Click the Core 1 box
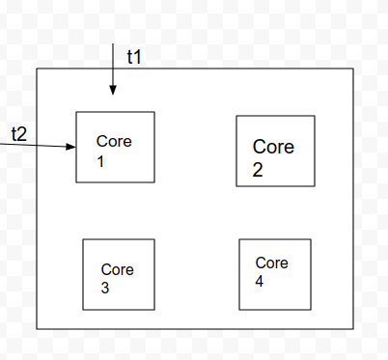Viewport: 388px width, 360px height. [x=115, y=147]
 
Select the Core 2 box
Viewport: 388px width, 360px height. [x=275, y=151]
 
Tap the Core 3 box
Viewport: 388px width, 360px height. [x=118, y=274]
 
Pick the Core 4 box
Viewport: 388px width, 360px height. [x=275, y=274]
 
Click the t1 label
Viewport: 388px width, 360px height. [x=134, y=57]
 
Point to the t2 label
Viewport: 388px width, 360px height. [x=19, y=132]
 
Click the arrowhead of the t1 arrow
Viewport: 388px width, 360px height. [x=113, y=91]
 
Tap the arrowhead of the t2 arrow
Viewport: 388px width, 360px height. [x=71, y=147]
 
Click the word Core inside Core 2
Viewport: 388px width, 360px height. [x=273, y=147]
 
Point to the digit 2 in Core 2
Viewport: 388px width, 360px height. [x=259, y=171]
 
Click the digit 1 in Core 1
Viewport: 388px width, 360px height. [x=99, y=161]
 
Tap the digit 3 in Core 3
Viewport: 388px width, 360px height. [x=105, y=288]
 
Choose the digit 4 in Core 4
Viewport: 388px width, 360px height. [x=260, y=281]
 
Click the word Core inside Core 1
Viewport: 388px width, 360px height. [x=114, y=142]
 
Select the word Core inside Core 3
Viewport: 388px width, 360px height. [x=118, y=269]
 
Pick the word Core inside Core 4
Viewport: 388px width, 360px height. [x=272, y=263]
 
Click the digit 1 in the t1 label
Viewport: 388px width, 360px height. [x=139, y=57]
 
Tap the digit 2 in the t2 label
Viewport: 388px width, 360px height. [x=23, y=132]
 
